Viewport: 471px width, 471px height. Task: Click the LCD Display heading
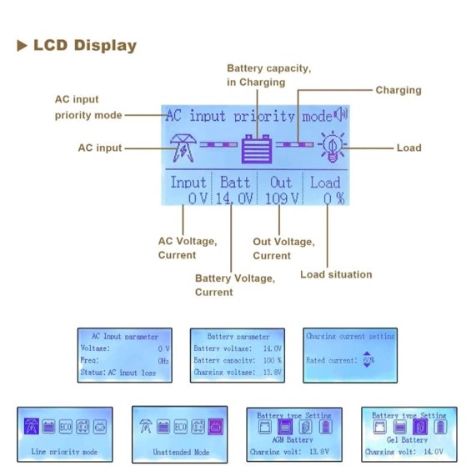click(x=83, y=46)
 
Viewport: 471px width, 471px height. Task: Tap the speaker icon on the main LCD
click(x=340, y=115)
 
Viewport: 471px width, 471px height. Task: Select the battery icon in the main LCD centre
click(x=257, y=148)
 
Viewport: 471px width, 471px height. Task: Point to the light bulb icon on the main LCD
click(x=332, y=148)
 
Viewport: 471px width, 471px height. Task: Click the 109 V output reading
click(x=282, y=198)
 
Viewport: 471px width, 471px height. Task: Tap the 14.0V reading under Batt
click(x=235, y=198)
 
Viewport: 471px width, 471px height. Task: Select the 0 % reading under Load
click(x=333, y=198)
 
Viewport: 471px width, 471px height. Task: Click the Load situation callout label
click(x=336, y=274)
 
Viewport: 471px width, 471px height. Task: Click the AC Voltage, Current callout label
click(x=187, y=248)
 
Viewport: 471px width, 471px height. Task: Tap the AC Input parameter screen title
click(x=124, y=337)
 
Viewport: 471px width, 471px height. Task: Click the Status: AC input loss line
click(x=120, y=373)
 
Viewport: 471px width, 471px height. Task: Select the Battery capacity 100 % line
click(x=238, y=360)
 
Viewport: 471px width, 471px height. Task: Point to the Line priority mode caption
click(x=64, y=452)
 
